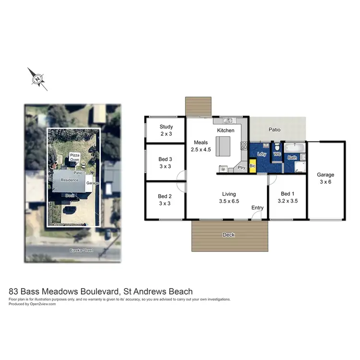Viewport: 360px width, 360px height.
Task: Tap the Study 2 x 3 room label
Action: pos(166,131)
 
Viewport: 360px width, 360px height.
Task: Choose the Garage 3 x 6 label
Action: pos(325,179)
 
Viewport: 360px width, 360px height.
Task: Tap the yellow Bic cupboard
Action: pos(252,165)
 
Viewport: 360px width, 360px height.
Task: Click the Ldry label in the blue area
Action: pos(262,154)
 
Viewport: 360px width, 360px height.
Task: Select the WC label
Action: pos(277,154)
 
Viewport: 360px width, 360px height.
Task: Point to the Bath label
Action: pos(292,157)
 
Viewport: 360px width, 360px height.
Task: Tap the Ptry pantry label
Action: pos(241,168)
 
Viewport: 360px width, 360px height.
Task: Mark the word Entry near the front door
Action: pos(257,207)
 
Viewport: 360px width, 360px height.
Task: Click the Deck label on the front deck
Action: pos(228,235)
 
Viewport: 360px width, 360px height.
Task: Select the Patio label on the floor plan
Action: pos(275,130)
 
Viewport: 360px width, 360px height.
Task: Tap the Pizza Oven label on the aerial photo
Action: pos(74,157)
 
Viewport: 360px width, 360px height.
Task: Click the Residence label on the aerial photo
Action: pos(69,180)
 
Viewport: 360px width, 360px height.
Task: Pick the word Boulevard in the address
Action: pos(99,291)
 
